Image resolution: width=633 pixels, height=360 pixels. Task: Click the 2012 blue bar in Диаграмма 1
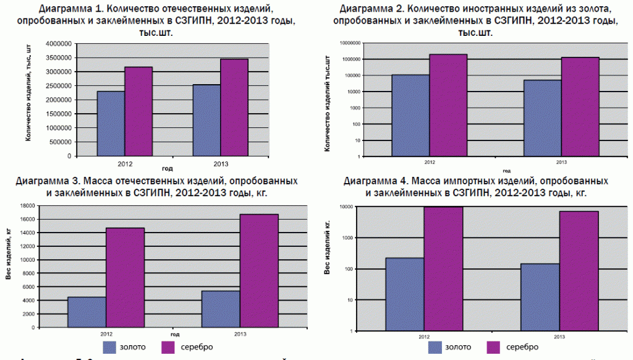coord(111,123)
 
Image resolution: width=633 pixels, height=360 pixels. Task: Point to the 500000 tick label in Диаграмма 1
coord(57,141)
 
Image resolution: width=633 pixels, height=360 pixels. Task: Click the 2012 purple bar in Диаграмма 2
coord(449,105)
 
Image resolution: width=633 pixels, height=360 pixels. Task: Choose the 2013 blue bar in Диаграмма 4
coord(540,297)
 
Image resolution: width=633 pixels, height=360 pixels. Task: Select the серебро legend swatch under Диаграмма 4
coord(496,347)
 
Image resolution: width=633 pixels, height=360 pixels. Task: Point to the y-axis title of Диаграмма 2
coord(328,103)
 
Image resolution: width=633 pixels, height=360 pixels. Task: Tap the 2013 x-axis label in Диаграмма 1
coord(221,163)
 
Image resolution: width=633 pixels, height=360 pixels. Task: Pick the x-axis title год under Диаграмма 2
coord(506,171)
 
